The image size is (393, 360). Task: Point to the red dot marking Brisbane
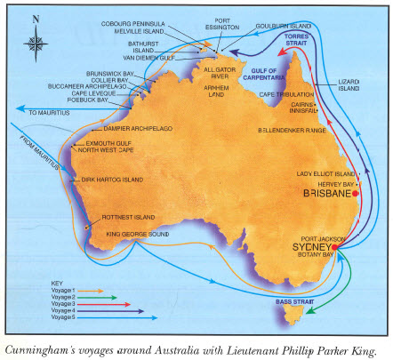[355, 192]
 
